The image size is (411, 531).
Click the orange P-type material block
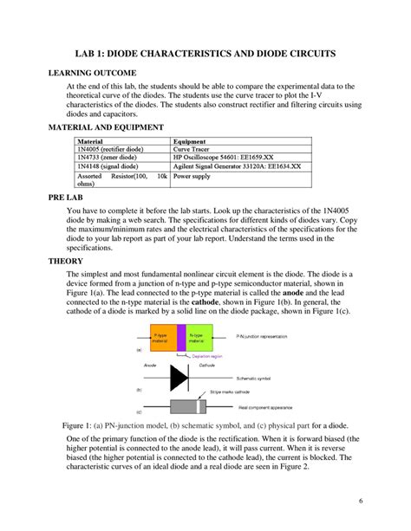click(161, 339)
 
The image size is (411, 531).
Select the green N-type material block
click(197, 339)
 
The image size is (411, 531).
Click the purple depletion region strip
click(181, 339)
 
